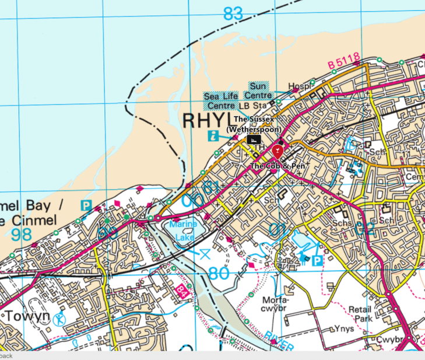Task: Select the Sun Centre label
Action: [x=257, y=90]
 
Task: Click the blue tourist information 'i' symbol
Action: [x=213, y=136]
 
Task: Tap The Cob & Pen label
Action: [x=278, y=166]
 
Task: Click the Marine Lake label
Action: [x=184, y=228]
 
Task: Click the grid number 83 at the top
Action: [x=233, y=13]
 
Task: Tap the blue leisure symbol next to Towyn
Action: [x=59, y=319]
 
